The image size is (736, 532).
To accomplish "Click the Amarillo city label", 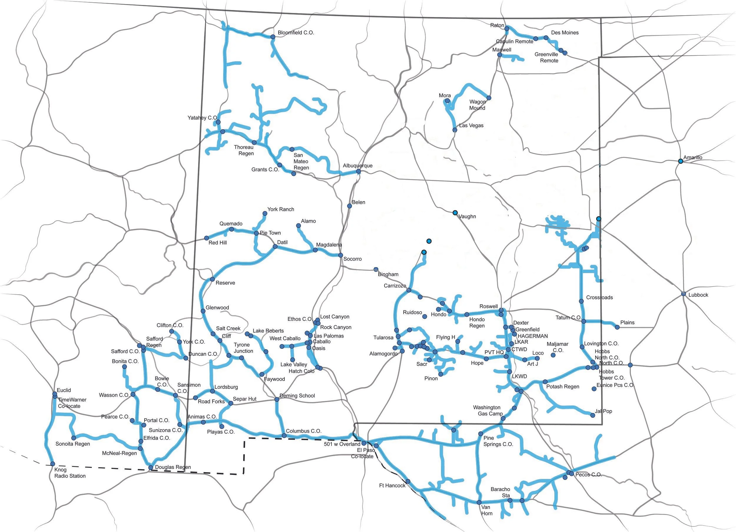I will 692,158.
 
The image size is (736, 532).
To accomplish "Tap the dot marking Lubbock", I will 683,294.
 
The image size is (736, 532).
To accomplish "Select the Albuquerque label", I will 358,166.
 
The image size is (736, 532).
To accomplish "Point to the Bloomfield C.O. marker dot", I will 273,37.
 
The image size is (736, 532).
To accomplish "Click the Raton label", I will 497,25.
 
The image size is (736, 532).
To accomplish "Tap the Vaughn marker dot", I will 455,213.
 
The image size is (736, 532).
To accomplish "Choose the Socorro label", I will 352,259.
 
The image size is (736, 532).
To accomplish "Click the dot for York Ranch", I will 265,214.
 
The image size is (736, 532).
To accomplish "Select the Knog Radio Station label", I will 70,472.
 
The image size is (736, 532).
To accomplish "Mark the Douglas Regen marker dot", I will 150,468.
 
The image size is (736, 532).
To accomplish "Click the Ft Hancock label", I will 392,485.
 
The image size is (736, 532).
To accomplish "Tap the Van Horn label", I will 487,510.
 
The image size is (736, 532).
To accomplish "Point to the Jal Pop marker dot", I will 593,415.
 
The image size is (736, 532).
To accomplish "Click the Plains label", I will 627,323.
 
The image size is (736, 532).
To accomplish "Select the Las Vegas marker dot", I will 455,130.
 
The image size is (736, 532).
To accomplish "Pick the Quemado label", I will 231,224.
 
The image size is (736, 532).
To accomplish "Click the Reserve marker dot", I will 212,279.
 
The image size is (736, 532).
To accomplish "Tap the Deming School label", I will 297,396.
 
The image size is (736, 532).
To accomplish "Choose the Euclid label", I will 64,390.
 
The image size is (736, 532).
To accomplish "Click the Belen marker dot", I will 349,206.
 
